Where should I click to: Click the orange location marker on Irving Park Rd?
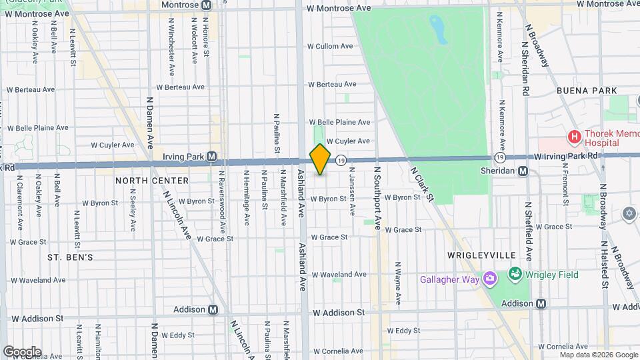[x=320, y=159]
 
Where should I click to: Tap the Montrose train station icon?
[x=206, y=5]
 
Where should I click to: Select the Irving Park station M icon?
[x=211, y=157]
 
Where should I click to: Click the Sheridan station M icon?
[x=523, y=171]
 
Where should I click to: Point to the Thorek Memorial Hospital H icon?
[x=573, y=137]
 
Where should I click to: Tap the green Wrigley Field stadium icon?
[x=515, y=274]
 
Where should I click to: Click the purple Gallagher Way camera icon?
[x=490, y=278]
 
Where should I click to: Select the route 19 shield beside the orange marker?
[x=341, y=160]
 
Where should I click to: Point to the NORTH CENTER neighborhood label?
[x=143, y=180]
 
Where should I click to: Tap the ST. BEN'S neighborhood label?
[x=70, y=257]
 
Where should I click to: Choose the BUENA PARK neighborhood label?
[x=587, y=89]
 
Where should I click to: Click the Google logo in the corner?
[x=22, y=351]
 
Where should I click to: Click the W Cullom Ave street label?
[x=329, y=46]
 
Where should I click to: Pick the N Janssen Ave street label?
[x=351, y=190]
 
